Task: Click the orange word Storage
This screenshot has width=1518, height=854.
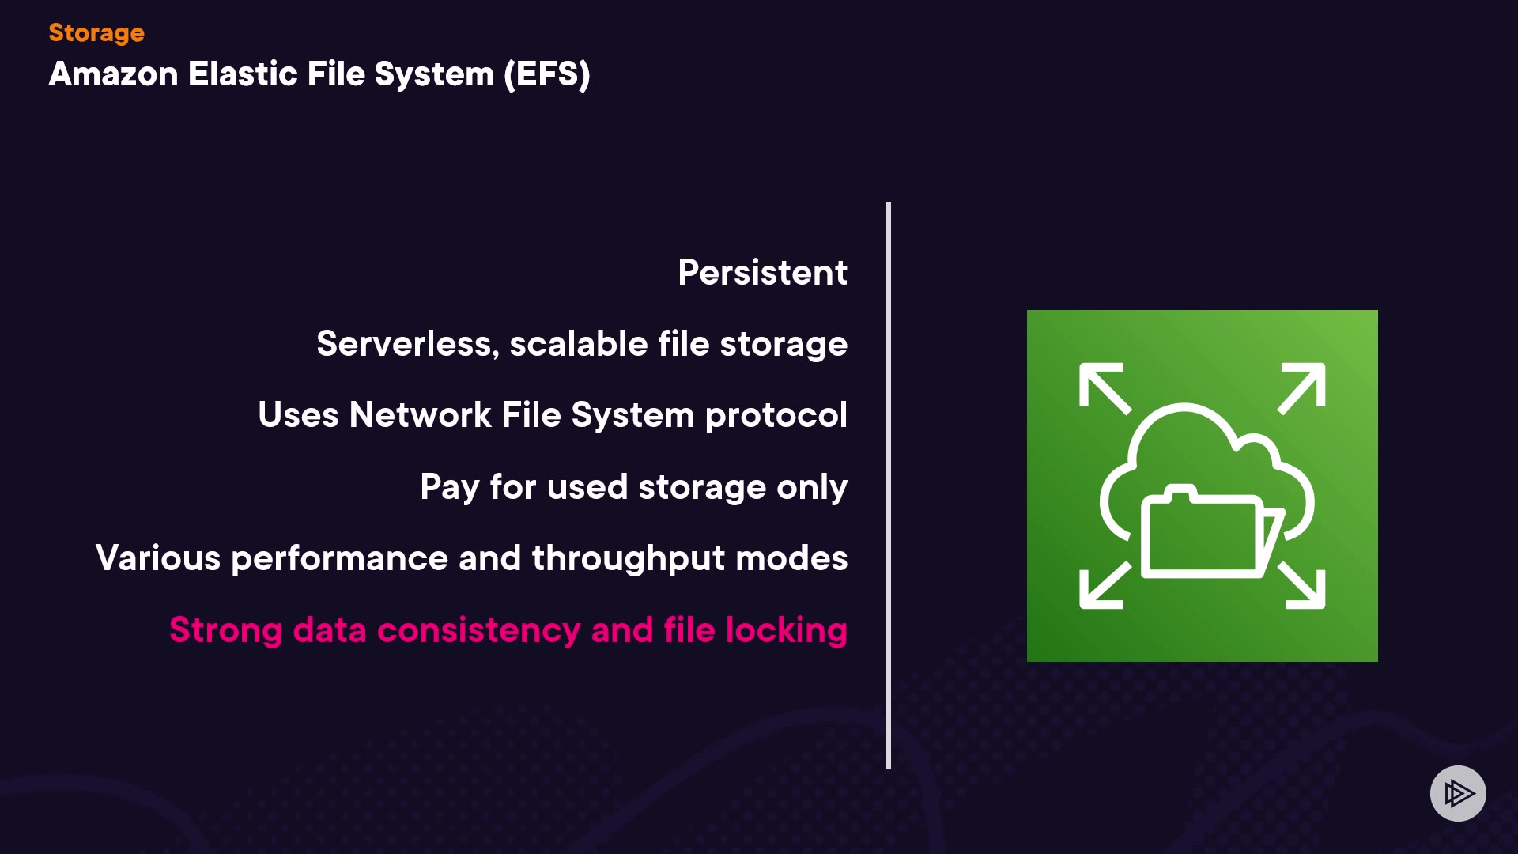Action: click(x=96, y=33)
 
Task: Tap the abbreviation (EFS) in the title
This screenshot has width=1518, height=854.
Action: click(x=547, y=75)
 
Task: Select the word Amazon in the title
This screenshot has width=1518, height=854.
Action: click(x=113, y=75)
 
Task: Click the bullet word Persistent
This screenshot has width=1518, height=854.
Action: click(x=762, y=273)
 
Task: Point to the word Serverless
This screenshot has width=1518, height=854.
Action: click(x=408, y=344)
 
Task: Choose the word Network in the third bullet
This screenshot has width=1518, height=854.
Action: click(x=420, y=415)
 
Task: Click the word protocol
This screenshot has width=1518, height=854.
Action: click(x=776, y=415)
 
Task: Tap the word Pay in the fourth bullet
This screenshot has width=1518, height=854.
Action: click(x=449, y=487)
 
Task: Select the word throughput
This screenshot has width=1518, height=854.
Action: click(x=629, y=558)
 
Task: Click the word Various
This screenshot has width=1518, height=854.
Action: click(x=158, y=558)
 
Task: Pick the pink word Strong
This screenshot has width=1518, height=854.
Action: click(x=225, y=630)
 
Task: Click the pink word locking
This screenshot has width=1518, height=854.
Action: click(x=787, y=630)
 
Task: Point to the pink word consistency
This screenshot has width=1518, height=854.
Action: click(x=478, y=630)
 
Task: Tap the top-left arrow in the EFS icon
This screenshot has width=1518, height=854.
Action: click(x=1104, y=387)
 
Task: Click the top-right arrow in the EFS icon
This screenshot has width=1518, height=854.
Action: click(x=1302, y=387)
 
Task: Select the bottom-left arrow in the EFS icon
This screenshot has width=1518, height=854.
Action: click(x=1104, y=586)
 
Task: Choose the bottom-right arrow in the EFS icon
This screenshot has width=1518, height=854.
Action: click(x=1302, y=586)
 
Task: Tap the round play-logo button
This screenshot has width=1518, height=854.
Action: click(x=1458, y=793)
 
